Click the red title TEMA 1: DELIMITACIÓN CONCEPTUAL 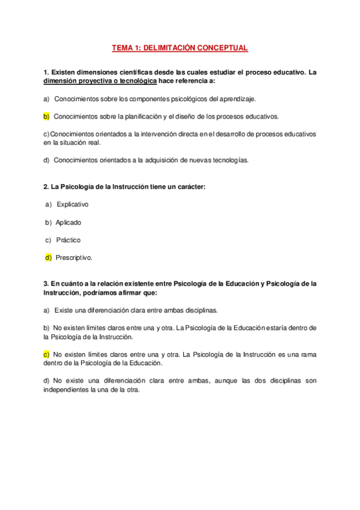pyautogui.click(x=180, y=48)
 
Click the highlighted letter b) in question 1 pyautogui.click(x=46, y=116)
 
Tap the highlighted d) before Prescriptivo pyautogui.click(x=48, y=258)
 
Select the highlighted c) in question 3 pyautogui.click(x=46, y=355)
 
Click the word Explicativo pyautogui.click(x=72, y=204)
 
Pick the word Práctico pyautogui.click(x=68, y=240)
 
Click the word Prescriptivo pyautogui.click(x=74, y=258)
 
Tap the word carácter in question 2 pyautogui.click(x=191, y=186)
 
